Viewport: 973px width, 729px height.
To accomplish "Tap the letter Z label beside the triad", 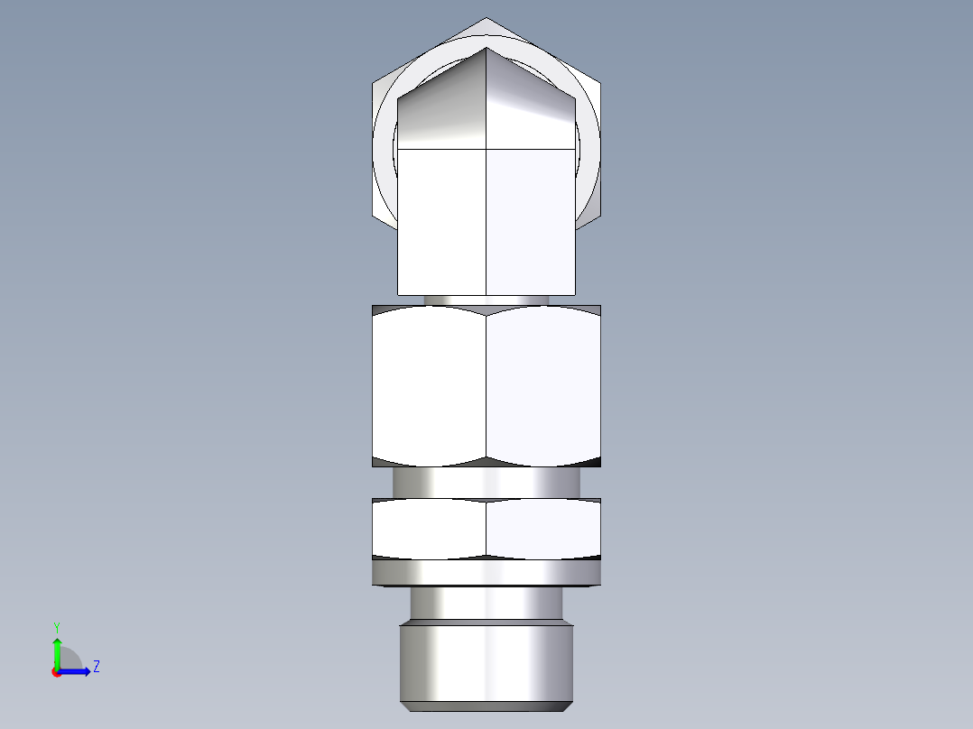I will [x=96, y=667].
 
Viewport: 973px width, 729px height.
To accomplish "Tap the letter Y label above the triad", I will [x=56, y=626].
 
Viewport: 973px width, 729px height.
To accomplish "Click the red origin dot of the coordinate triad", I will [x=56, y=672].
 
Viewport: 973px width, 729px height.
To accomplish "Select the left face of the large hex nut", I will [x=429, y=386].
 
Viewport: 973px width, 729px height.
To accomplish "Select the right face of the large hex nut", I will [x=543, y=386].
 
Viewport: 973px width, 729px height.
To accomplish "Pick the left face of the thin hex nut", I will [x=429, y=528].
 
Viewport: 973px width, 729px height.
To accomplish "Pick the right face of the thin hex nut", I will [x=543, y=528].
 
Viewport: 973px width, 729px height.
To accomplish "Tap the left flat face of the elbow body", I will [x=442, y=221].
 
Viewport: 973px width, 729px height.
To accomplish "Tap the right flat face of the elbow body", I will [x=531, y=221].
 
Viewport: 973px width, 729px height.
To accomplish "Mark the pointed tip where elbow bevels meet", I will [x=486, y=49].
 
